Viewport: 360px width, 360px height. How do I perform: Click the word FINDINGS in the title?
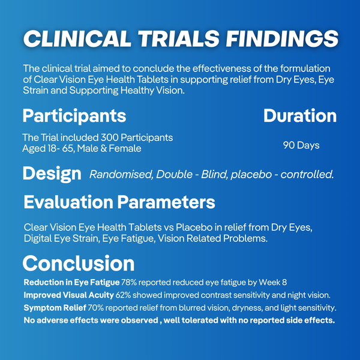pyautogui.click(x=282, y=38)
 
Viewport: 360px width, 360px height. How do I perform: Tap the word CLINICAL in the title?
pyautogui.click(x=77, y=38)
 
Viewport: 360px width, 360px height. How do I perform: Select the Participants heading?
pyautogui.click(x=74, y=116)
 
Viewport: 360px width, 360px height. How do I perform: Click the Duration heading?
pyautogui.click(x=300, y=115)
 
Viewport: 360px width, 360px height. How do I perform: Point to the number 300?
pyautogui.click(x=110, y=138)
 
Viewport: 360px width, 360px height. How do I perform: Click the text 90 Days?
pyautogui.click(x=301, y=145)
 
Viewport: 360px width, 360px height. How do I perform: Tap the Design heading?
pyautogui.click(x=52, y=174)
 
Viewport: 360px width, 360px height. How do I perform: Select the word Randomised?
pyautogui.click(x=121, y=175)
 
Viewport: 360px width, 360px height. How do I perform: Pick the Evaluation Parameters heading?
pyautogui.click(x=119, y=202)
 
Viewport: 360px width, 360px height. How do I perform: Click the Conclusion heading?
pyautogui.click(x=79, y=263)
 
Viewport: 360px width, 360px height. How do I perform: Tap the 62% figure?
pyautogui.click(x=123, y=295)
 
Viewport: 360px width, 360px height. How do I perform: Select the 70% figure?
pyautogui.click(x=96, y=308)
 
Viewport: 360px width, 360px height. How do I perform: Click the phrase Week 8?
pyautogui.click(x=273, y=282)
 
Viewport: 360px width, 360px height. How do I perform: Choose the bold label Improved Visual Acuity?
pyautogui.click(x=68, y=295)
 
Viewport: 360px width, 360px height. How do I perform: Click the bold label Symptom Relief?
pyautogui.click(x=55, y=308)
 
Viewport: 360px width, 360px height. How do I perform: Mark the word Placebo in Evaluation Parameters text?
pyautogui.click(x=194, y=227)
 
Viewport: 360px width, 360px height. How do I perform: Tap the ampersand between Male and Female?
pyautogui.click(x=104, y=148)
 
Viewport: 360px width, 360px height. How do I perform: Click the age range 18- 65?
pyautogui.click(x=61, y=149)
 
